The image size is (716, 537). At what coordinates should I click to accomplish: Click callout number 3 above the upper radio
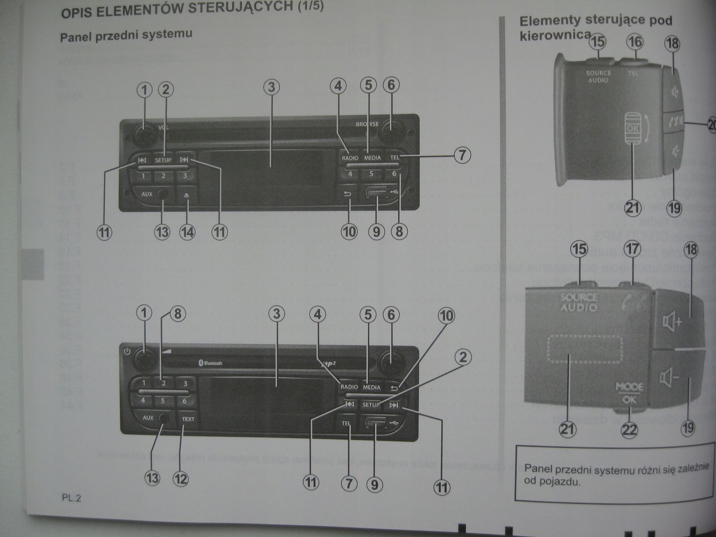271,87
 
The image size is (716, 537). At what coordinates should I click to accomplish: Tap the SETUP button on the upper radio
163,160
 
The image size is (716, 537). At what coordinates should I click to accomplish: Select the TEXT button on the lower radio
188,419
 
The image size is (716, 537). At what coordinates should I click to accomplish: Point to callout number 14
188,232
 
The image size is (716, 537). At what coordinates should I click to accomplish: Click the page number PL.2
72,498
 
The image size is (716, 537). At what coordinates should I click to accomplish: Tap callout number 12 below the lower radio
180,479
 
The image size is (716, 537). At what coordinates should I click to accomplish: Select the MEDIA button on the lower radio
371,387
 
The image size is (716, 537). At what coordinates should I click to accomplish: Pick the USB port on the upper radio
376,193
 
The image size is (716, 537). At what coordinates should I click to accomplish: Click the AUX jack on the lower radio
164,418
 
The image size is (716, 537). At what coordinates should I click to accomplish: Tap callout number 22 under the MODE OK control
629,430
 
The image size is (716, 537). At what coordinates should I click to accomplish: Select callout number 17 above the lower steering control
632,249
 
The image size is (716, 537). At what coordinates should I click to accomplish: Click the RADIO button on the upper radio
350,158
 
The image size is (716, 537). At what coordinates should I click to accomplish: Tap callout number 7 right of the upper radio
462,155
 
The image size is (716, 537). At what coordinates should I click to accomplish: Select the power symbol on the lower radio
127,352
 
